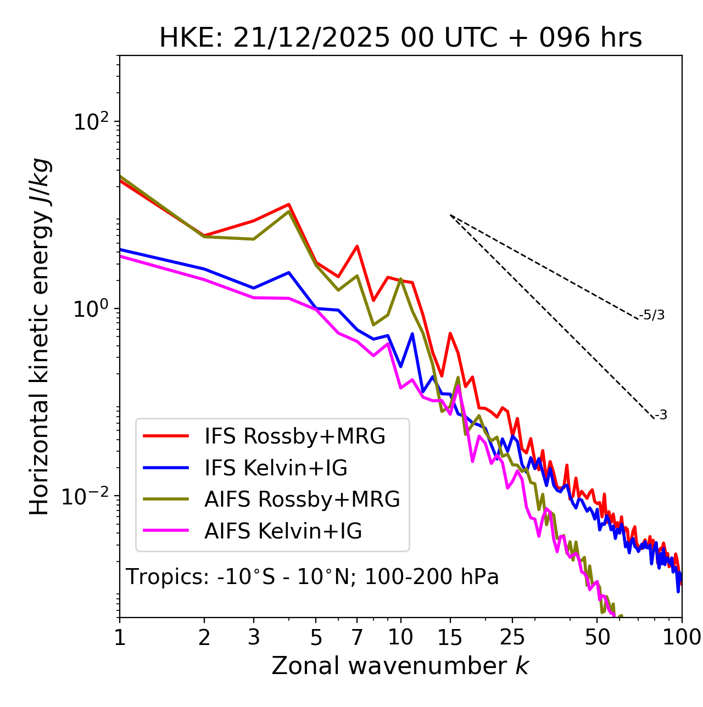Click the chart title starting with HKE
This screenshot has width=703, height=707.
[400, 38]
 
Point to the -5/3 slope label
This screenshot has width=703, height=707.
[652, 315]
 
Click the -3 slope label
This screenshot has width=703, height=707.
[661, 415]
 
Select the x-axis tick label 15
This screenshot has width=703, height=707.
[450, 637]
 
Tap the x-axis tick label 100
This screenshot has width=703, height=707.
[682, 637]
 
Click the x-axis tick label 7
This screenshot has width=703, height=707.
[357, 637]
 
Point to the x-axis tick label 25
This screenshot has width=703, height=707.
[512, 637]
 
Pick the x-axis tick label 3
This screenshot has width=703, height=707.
[253, 637]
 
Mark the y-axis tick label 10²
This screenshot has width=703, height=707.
[90, 121]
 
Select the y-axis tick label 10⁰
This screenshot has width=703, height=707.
[90, 308]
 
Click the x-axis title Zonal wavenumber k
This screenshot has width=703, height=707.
[400, 666]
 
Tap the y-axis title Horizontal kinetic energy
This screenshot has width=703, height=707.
[40, 336]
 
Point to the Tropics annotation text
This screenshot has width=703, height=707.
[312, 577]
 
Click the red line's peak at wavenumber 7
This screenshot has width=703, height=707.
[357, 246]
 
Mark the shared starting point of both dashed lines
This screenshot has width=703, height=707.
[450, 215]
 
